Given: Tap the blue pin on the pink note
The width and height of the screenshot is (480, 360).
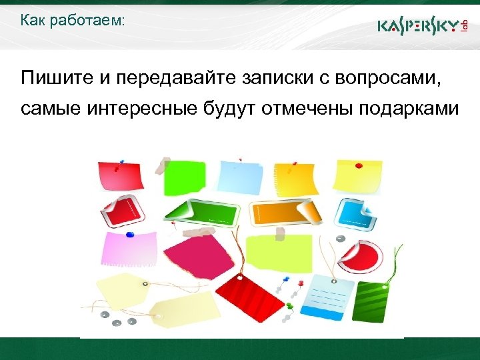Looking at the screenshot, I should [x=130, y=234].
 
